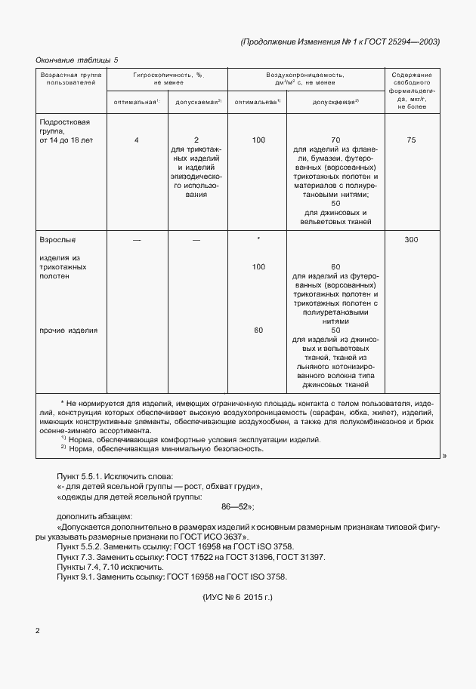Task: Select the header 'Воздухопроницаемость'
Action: coord(306,75)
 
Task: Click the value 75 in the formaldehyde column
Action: coord(411,140)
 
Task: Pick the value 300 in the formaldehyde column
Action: coord(411,239)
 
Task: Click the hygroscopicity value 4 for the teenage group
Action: coord(137,140)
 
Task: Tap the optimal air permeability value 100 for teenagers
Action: coord(258,140)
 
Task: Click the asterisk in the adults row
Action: coord(258,239)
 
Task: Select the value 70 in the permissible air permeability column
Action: coord(335,140)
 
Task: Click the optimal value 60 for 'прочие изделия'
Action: coord(258,331)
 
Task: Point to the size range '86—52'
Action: coord(238,508)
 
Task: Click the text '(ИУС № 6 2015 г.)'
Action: coord(238,597)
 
